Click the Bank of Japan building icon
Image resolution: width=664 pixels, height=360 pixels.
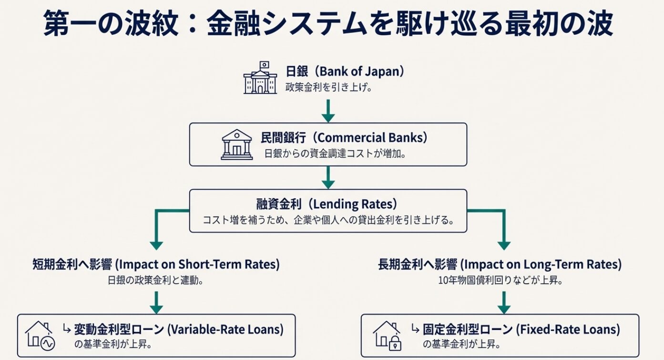pos(260,79)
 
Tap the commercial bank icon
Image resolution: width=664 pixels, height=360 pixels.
pos(236,144)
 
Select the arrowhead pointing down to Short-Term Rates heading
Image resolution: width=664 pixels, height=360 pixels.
pos(156,245)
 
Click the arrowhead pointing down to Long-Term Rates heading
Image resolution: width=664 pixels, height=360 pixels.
pos(504,245)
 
